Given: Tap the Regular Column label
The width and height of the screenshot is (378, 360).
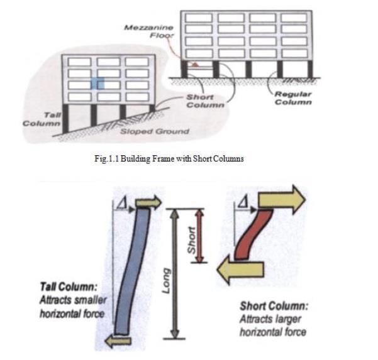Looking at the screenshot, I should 292,98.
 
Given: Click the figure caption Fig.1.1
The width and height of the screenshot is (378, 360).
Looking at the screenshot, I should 167,158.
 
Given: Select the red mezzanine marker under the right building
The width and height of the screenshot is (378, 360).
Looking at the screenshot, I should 197,64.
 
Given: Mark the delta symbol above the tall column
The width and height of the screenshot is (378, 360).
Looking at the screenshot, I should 122,200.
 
